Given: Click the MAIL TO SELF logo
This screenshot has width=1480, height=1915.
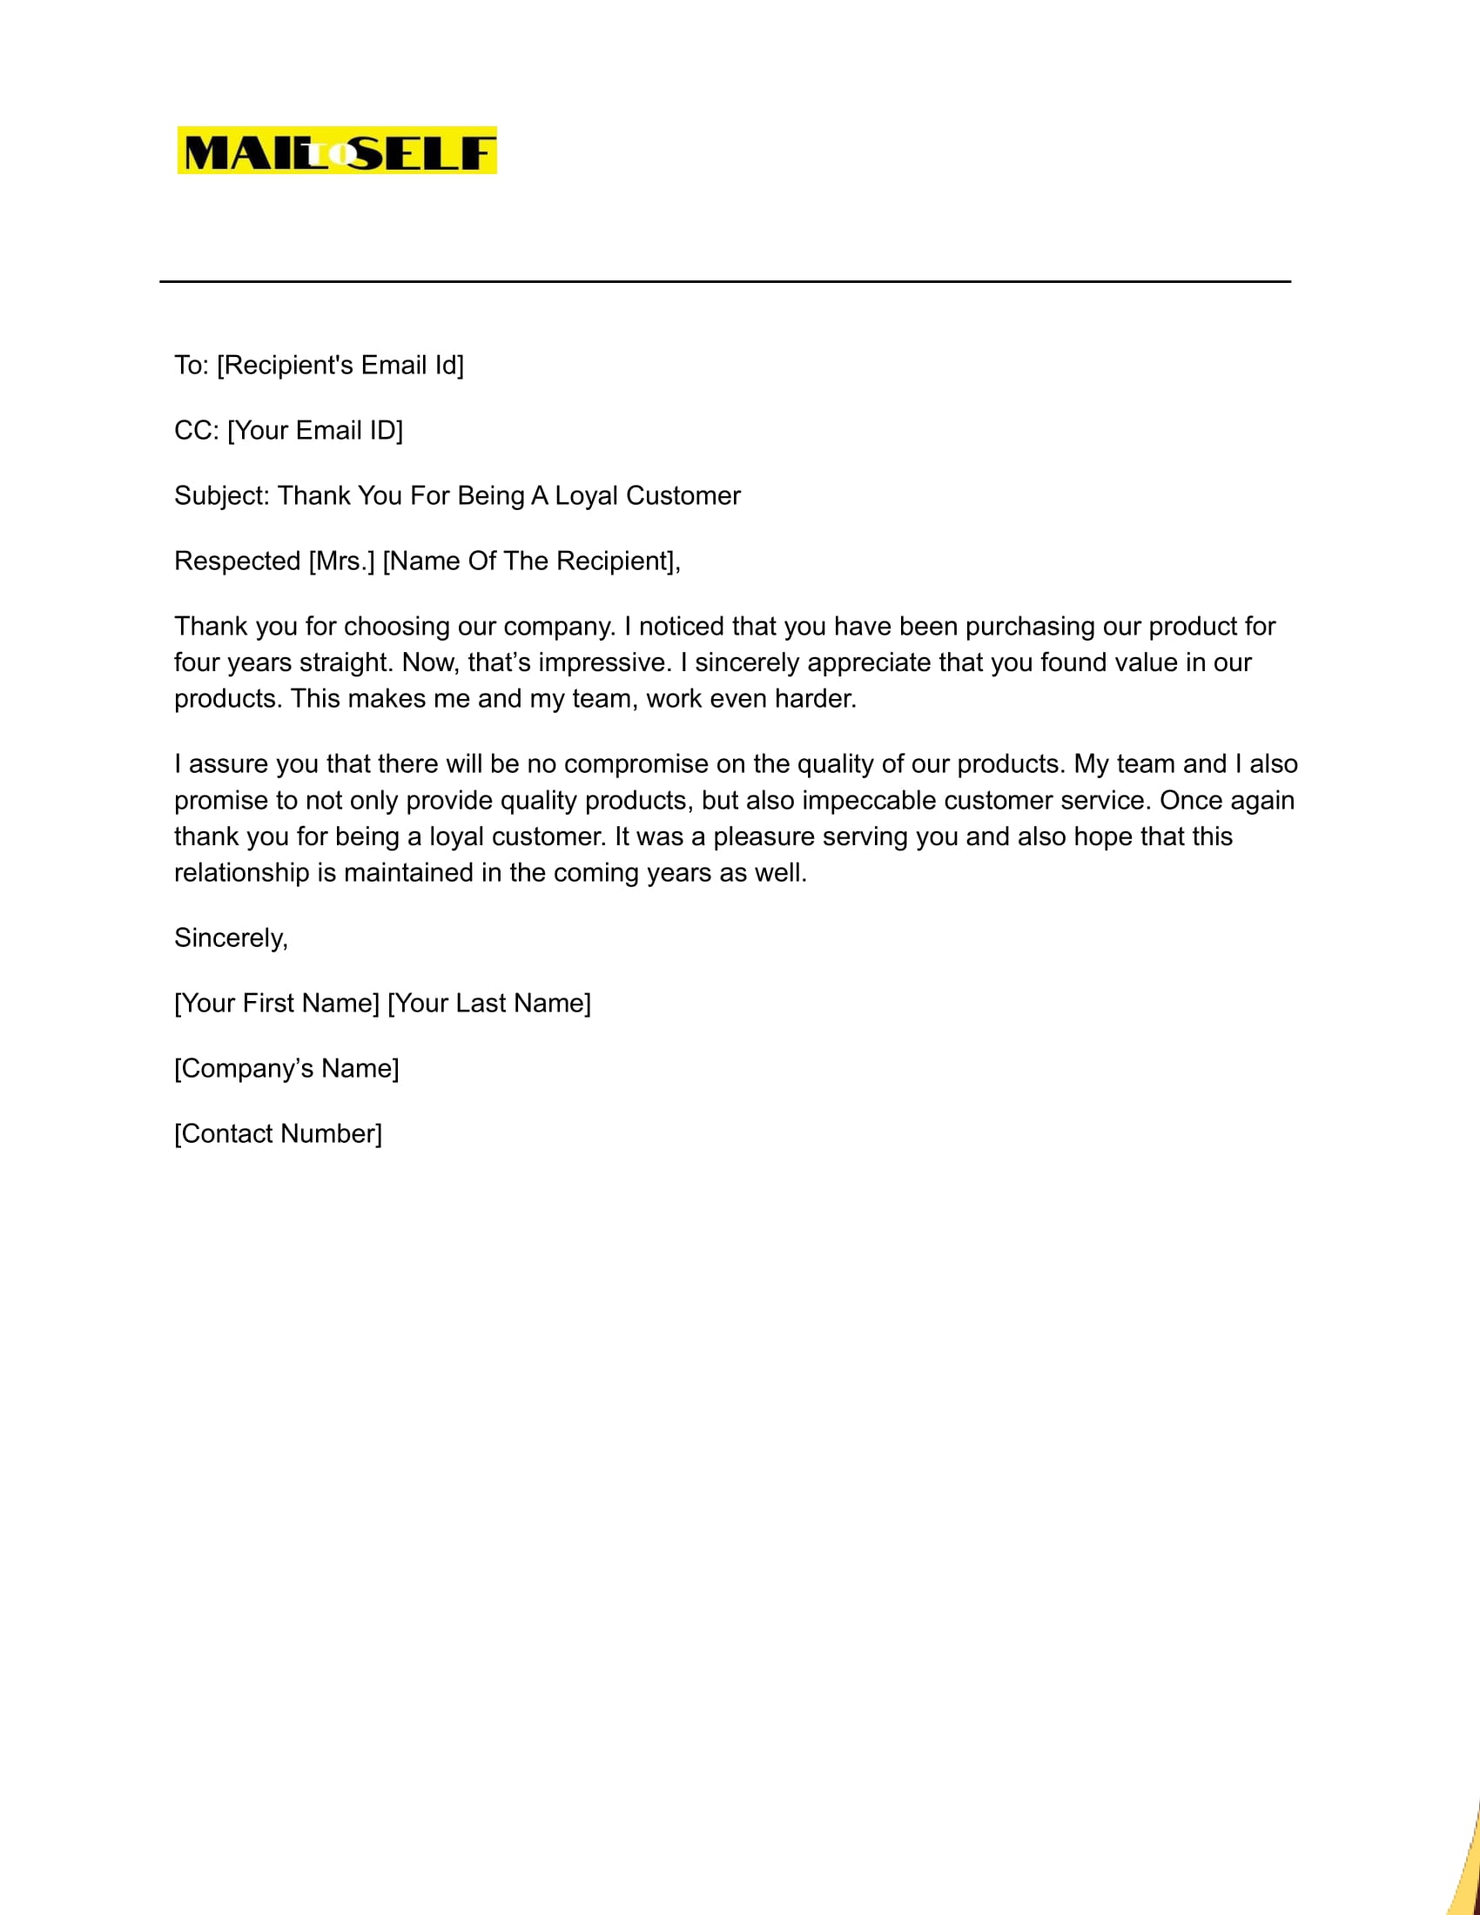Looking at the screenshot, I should tap(337, 150).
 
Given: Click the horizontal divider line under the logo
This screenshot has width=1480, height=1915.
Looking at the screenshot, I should tap(724, 281).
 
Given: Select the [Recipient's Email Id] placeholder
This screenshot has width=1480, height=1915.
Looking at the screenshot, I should tap(340, 365).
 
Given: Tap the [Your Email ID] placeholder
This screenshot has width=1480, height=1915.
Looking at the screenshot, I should tap(315, 431).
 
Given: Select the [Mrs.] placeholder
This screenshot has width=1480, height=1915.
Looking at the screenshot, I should tap(342, 561).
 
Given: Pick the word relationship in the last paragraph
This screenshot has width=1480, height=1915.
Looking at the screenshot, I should tap(242, 873).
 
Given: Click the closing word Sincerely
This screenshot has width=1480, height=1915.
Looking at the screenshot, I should tap(231, 938).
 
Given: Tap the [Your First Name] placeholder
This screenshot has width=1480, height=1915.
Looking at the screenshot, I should tap(277, 1003).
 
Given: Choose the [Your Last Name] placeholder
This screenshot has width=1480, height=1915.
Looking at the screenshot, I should tap(489, 1003).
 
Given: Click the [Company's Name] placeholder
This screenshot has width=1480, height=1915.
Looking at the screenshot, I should tap(286, 1069).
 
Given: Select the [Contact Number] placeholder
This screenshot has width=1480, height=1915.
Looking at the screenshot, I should tap(278, 1133).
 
